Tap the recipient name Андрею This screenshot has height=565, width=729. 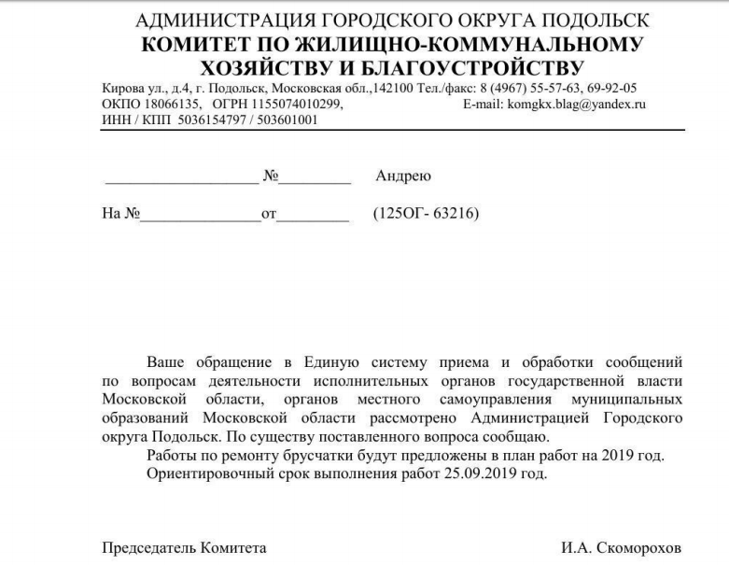[402, 176]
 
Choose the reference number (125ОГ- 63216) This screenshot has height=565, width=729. [426, 214]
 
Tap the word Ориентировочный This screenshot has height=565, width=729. [203, 473]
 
